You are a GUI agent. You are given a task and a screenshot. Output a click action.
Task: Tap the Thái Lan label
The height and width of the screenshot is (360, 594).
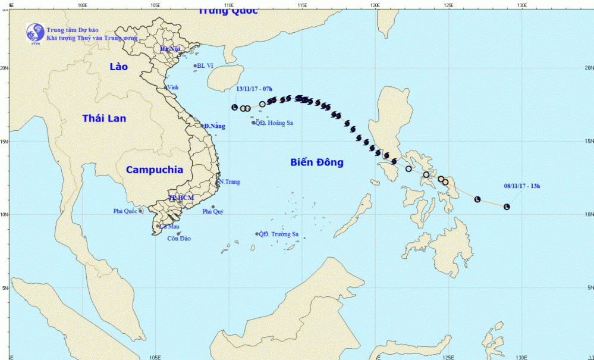[x=104, y=118]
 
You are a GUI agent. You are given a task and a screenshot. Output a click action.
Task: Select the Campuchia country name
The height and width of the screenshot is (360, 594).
[x=155, y=170]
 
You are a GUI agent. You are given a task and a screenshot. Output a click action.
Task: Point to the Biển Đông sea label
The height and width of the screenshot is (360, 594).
[x=317, y=162]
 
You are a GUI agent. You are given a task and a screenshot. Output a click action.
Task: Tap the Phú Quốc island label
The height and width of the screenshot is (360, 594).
[x=125, y=211]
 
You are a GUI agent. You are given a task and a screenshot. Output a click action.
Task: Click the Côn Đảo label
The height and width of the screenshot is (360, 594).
[x=178, y=239]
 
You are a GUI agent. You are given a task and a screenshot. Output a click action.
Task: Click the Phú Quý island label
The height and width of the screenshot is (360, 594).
[x=213, y=211]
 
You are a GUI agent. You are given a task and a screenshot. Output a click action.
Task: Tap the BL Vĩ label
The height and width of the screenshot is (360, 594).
[x=205, y=66]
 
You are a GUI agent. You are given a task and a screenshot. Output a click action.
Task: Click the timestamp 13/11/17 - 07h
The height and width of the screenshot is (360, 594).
[x=254, y=89]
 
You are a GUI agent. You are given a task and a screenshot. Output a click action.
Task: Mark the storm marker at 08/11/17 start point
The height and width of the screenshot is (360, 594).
[x=507, y=206]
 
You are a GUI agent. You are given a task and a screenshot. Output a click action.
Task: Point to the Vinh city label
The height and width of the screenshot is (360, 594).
[x=173, y=87]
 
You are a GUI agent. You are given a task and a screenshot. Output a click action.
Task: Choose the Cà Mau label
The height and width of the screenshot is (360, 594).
[x=169, y=226]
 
